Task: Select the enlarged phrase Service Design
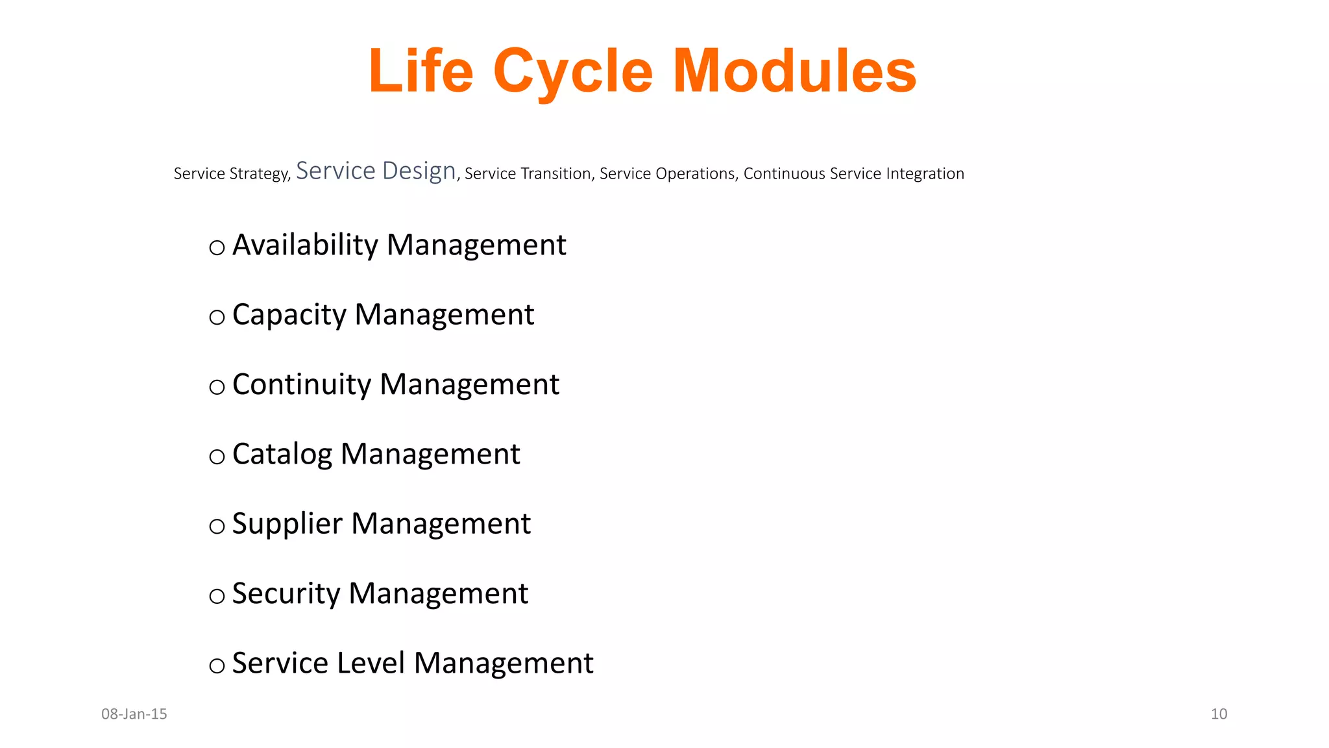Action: pyautogui.click(x=376, y=171)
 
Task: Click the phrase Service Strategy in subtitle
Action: pyautogui.click(x=231, y=174)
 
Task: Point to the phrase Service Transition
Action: pyautogui.click(x=528, y=174)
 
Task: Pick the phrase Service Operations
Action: pyautogui.click(x=667, y=174)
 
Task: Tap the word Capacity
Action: pyautogui.click(x=289, y=316)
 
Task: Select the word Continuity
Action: pyautogui.click(x=302, y=384)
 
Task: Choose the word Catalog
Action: pyautogui.click(x=282, y=455)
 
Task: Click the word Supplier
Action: pyautogui.click(x=287, y=524)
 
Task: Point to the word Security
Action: pyautogui.click(x=286, y=593)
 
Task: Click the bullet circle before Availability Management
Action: pyautogui.click(x=217, y=247)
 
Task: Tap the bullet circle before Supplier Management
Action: pyautogui.click(x=217, y=526)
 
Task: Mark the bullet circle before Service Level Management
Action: pyautogui.click(x=217, y=666)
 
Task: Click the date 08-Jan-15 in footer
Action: pyautogui.click(x=134, y=714)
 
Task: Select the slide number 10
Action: pyautogui.click(x=1219, y=714)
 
